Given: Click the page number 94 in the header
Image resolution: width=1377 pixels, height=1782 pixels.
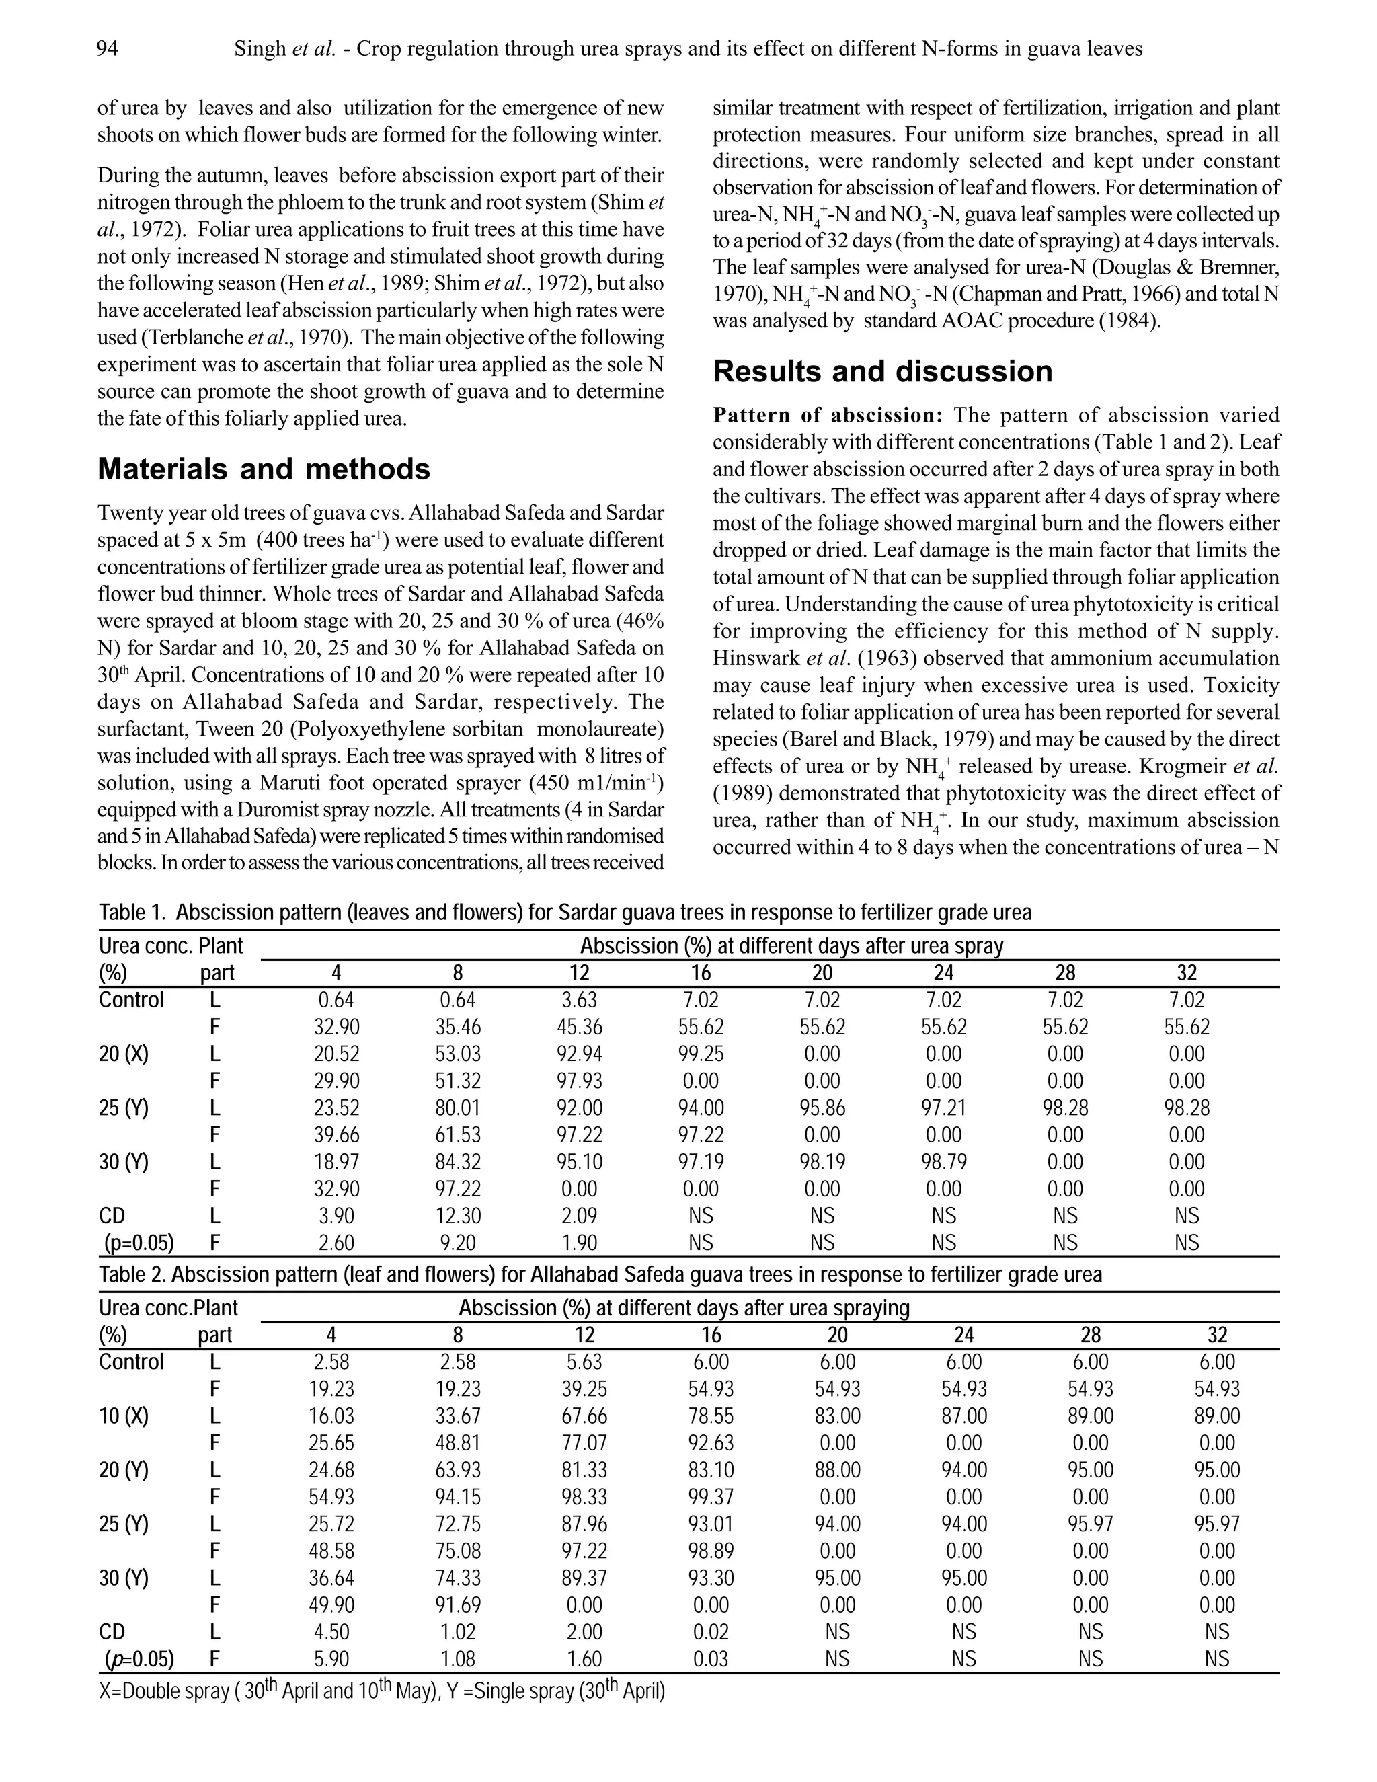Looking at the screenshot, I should click(107, 50).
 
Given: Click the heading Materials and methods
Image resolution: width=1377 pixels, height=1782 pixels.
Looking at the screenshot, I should click(264, 469).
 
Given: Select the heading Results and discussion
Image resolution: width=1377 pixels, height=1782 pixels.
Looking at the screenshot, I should click(883, 372).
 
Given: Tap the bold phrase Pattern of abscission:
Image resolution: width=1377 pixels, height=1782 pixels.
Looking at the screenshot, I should click(828, 416).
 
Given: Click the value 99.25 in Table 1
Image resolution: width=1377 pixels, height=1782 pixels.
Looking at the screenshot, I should click(701, 1054).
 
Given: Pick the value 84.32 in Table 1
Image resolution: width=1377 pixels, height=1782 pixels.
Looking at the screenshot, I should click(458, 1162).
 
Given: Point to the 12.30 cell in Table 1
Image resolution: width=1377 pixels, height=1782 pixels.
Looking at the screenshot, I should click(458, 1216).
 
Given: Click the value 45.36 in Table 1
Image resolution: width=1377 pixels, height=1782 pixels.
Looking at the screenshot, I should click(579, 1028).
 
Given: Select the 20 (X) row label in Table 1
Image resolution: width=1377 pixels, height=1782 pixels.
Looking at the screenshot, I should click(124, 1054).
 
